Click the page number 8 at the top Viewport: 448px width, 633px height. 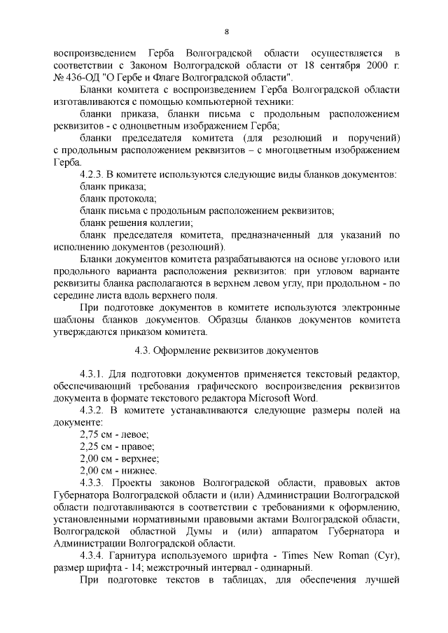tap(226, 31)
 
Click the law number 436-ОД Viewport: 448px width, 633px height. tap(81, 76)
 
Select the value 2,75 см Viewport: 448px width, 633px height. tap(96, 434)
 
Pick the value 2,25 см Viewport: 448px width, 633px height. tap(96, 446)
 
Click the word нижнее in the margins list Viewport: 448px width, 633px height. tap(139, 471)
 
